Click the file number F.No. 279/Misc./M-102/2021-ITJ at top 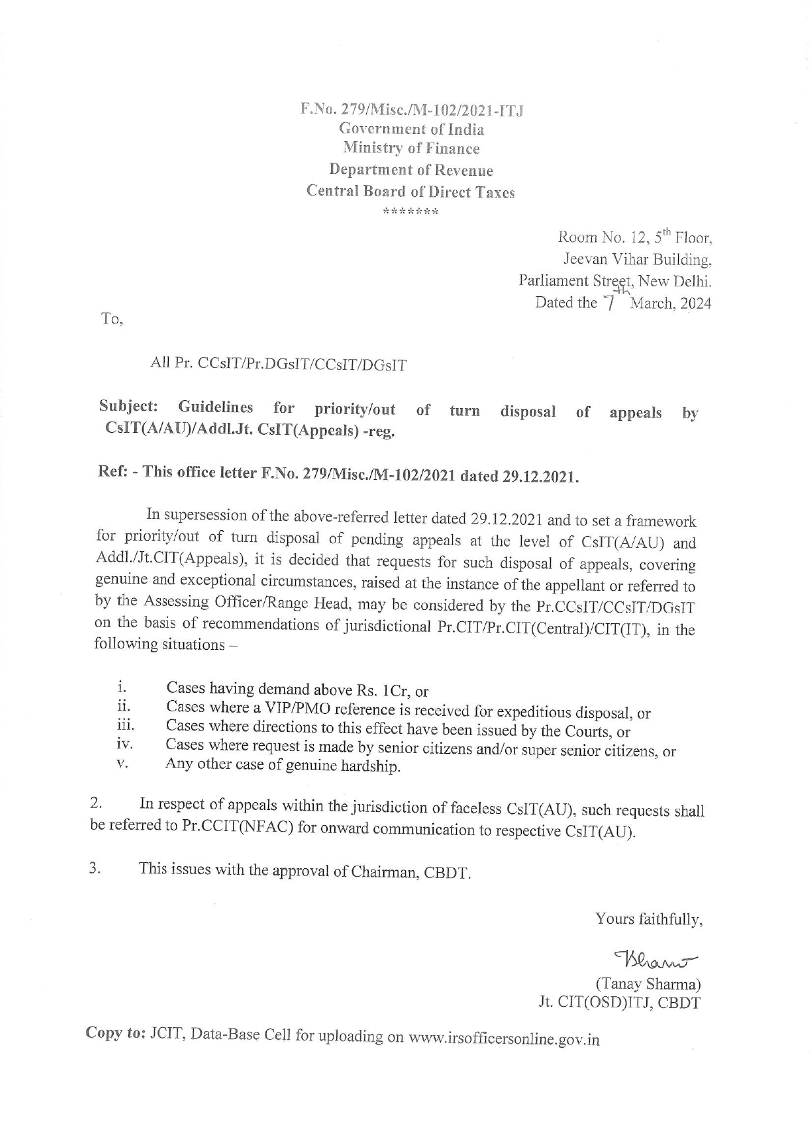coord(411,109)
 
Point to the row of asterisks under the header coord(411,212)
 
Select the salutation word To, coord(111,320)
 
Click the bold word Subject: coord(129,406)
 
